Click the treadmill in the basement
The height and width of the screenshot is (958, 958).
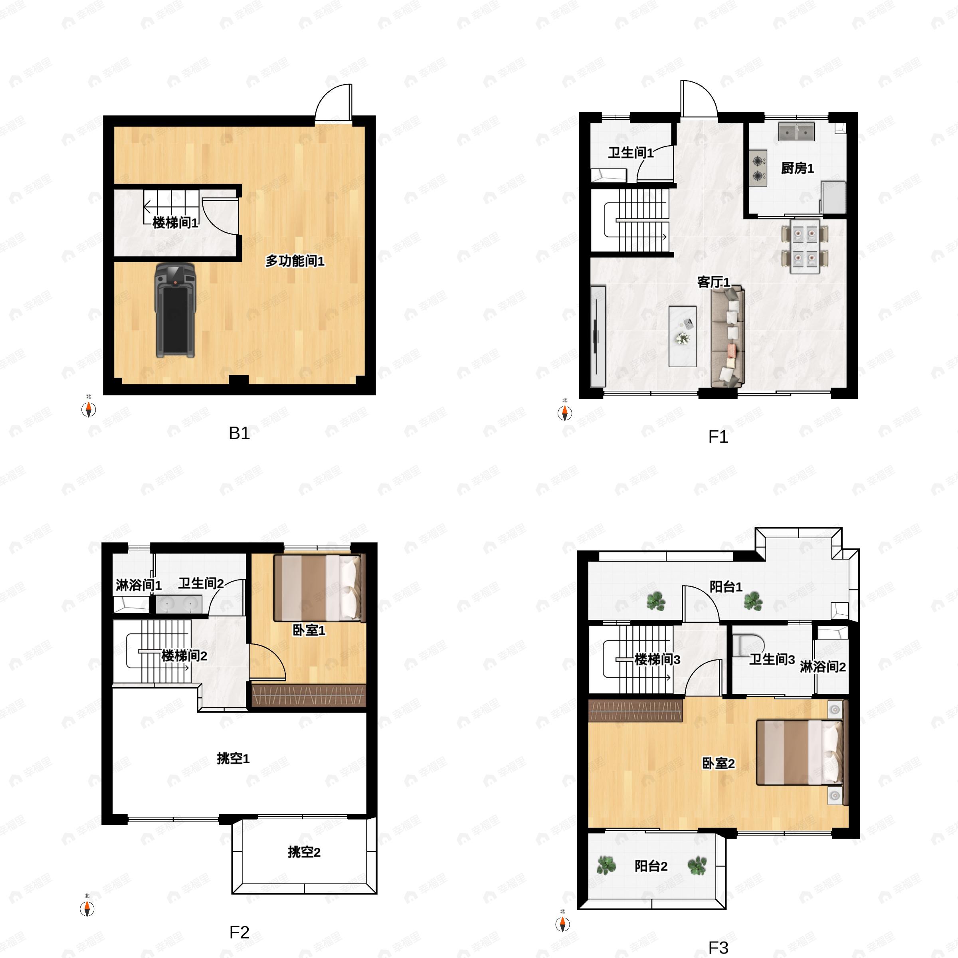[x=174, y=310]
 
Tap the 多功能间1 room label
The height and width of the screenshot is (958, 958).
[x=295, y=261]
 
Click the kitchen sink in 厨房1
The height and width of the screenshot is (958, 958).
[x=796, y=132]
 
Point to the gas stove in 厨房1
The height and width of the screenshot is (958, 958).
[x=758, y=168]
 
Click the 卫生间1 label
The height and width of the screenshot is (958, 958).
[x=630, y=153]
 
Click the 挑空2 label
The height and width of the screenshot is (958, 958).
[x=304, y=852]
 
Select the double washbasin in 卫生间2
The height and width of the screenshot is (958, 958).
[x=178, y=604]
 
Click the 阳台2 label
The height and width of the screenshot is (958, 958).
[x=651, y=866]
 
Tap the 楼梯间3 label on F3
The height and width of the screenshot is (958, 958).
[x=657, y=659]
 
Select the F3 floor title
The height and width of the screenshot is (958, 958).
[x=718, y=948]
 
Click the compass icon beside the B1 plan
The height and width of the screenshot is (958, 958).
[x=89, y=410]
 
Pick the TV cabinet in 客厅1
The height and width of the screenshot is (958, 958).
[x=598, y=336]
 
